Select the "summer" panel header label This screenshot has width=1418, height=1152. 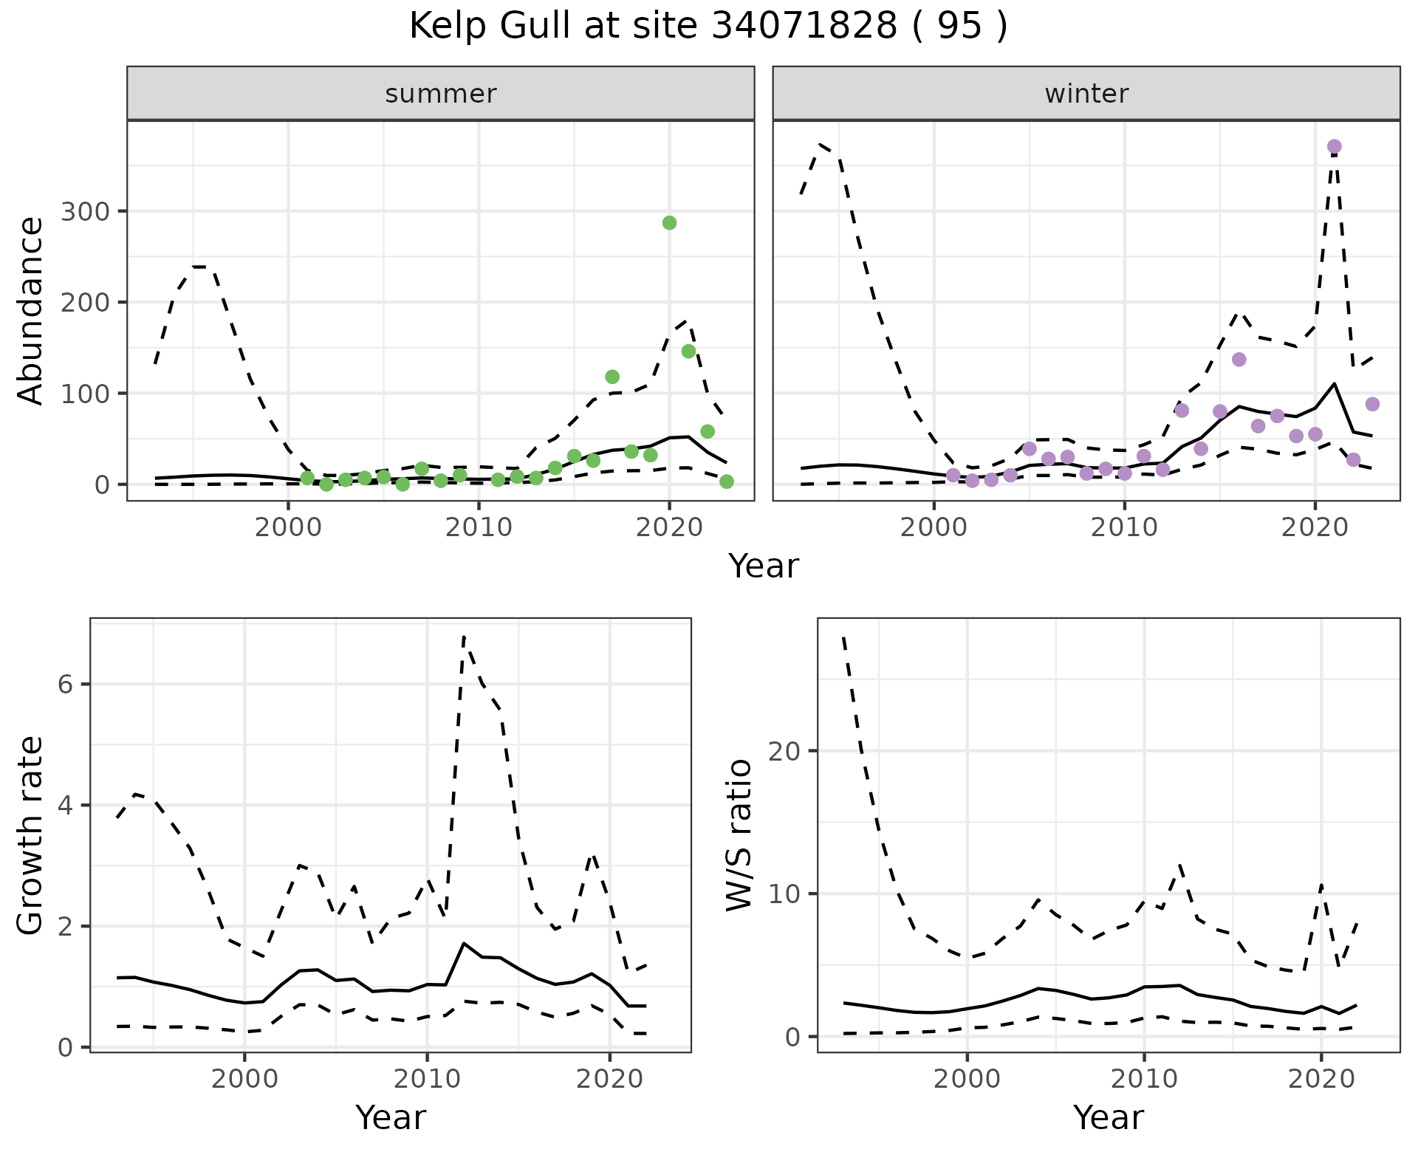click(440, 94)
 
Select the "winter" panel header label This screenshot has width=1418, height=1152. click(1086, 94)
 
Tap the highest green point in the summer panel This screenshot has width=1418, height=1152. click(669, 223)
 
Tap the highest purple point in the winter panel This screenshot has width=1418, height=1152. click(1334, 147)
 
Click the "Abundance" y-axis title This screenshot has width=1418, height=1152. click(31, 310)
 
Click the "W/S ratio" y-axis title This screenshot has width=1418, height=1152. click(739, 834)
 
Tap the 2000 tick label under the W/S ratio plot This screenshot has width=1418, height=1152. click(967, 1079)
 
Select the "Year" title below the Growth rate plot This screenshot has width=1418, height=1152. click(390, 1118)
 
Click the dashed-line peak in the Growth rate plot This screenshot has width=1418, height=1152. click(463, 636)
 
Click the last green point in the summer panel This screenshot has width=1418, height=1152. click(726, 481)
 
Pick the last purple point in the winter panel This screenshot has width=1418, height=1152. click(1372, 404)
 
